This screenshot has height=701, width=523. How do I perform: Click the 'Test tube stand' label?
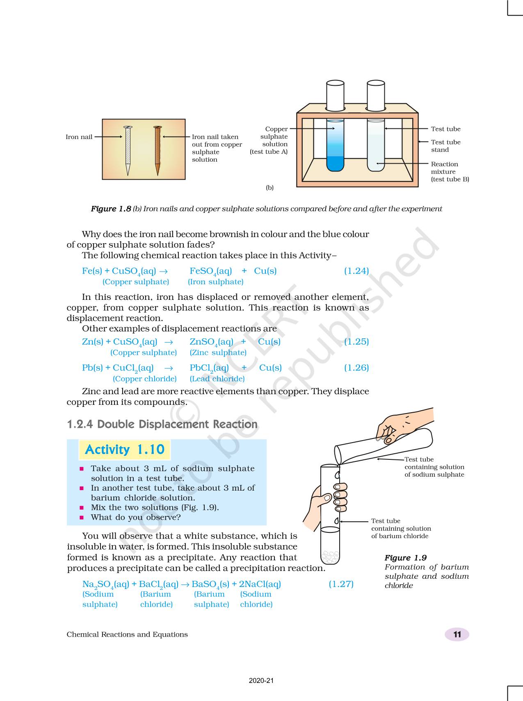point(445,146)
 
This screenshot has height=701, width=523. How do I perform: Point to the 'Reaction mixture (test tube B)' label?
point(450,171)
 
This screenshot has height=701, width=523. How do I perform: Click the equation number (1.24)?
point(356,271)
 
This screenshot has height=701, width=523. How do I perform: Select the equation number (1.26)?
point(356,368)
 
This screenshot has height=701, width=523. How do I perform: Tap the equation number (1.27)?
point(341,584)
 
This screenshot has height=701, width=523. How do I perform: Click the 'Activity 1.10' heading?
point(124,450)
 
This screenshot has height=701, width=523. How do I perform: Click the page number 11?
point(457,635)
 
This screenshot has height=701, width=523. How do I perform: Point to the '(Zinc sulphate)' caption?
point(218,352)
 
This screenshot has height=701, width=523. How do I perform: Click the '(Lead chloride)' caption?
point(217,379)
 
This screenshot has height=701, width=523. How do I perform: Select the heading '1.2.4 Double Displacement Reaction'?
point(162,424)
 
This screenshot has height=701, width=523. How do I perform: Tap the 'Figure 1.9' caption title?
point(405,558)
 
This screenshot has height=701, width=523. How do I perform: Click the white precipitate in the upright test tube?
point(330,557)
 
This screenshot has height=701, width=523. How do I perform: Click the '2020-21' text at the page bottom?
point(261,680)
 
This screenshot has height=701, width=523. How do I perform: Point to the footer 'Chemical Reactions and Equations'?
point(127,635)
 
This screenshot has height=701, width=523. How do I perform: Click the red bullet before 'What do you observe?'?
point(82,517)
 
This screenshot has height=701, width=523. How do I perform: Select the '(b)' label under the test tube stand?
point(269,187)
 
